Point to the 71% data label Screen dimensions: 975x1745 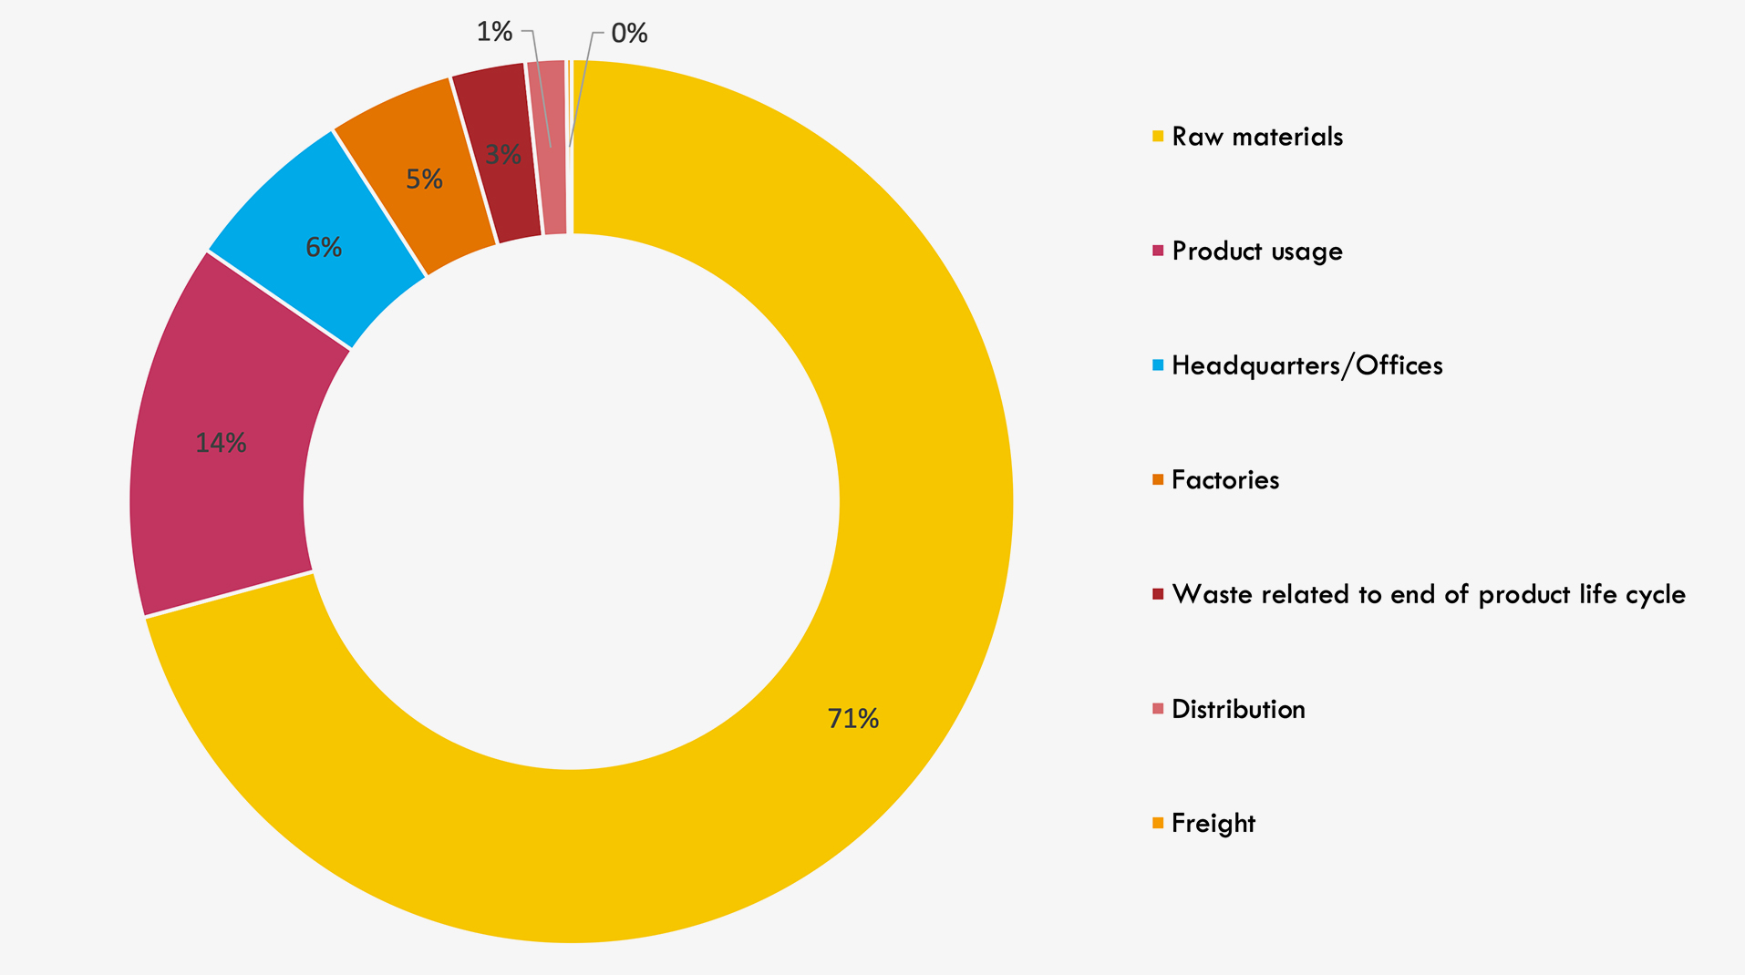(852, 719)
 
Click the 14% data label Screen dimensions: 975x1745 (221, 443)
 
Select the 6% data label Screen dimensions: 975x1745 (324, 247)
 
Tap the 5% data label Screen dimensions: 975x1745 (424, 180)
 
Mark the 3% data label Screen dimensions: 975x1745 (502, 155)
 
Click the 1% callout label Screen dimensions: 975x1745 (494, 32)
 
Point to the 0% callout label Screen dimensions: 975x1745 (629, 34)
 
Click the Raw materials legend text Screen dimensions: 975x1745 (1256, 137)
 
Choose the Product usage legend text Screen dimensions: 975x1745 (1256, 251)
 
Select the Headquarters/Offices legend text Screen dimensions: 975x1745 (1306, 365)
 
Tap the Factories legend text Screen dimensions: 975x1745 (1224, 480)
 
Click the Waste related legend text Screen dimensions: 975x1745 (1428, 594)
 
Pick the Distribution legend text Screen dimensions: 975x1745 (1237, 709)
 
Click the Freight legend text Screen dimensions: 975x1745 (1213, 824)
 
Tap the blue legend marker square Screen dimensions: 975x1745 (1158, 365)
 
